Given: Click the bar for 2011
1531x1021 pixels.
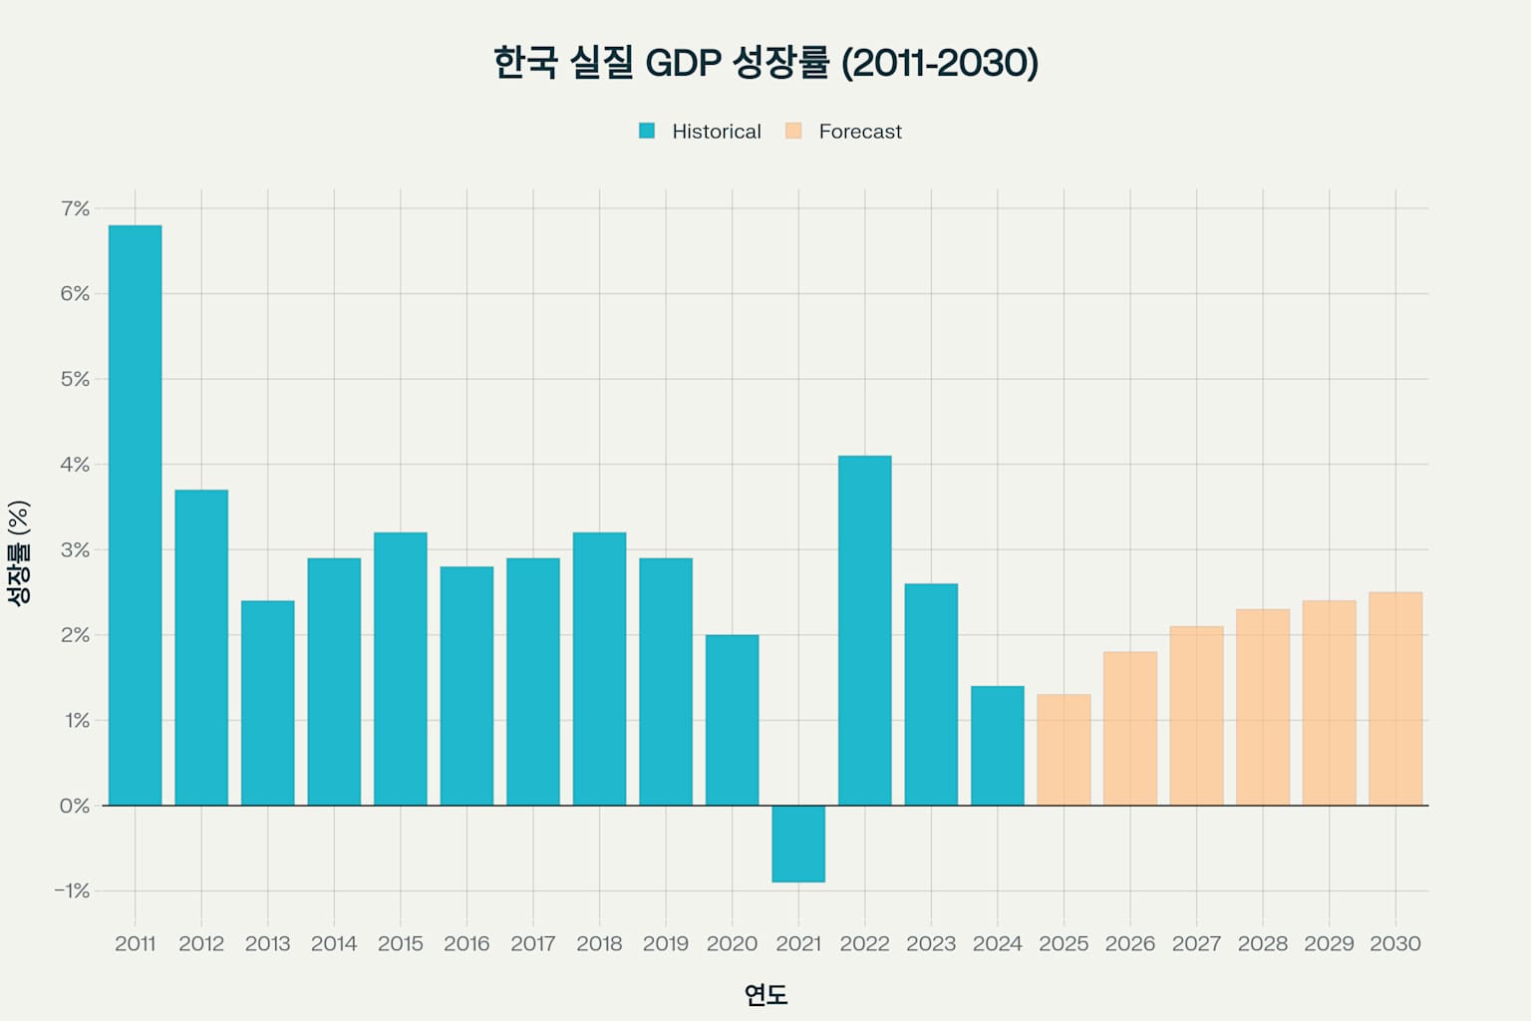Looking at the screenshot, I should [135, 515].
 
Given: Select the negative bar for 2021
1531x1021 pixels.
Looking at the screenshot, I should [798, 844].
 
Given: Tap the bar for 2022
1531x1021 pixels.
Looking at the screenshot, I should [864, 630].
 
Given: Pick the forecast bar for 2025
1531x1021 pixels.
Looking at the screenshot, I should [1064, 750].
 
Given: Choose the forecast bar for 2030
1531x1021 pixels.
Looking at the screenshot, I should [1395, 699].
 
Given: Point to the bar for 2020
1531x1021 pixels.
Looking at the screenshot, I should [732, 720].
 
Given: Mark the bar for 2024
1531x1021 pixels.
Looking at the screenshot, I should [998, 746].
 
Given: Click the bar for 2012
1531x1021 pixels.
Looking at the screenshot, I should [201, 647].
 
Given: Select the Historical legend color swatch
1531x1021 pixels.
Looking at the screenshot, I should [647, 131].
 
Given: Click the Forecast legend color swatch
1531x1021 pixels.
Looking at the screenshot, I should [793, 131].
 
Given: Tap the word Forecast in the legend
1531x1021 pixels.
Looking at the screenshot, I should [859, 132].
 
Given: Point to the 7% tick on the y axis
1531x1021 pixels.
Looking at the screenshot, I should [75, 208].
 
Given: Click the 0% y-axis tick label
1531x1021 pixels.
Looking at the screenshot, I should [75, 806].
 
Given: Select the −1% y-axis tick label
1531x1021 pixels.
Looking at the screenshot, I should [72, 890].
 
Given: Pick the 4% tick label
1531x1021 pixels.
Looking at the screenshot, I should [75, 465].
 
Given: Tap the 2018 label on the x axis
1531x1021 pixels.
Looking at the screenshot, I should [599, 943].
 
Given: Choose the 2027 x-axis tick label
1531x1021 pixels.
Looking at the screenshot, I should [1196, 943].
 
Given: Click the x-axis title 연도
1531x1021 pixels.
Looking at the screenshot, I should [765, 994].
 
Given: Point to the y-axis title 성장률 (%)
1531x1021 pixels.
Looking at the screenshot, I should [19, 551].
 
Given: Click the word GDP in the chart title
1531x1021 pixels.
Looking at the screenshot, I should [683, 63].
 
